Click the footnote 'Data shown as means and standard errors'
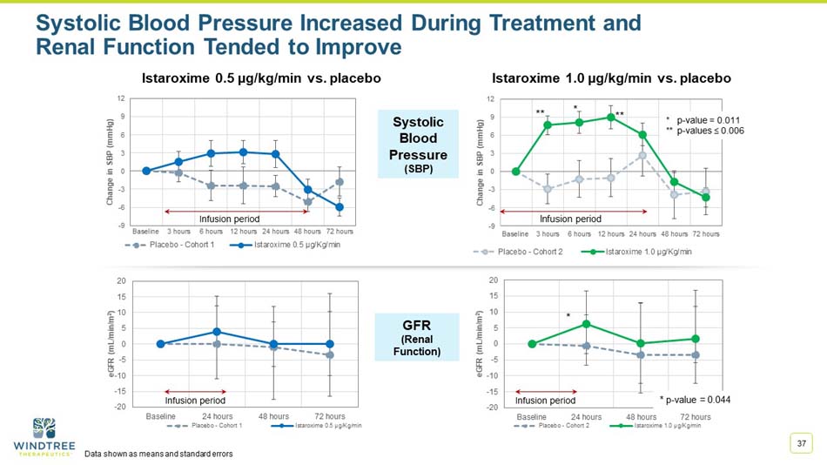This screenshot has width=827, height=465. (158, 455)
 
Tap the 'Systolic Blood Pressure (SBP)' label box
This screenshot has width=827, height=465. (417, 145)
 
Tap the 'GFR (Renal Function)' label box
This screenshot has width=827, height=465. (417, 336)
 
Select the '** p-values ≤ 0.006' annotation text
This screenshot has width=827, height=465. (704, 130)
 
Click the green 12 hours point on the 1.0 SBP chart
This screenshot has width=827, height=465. (611, 118)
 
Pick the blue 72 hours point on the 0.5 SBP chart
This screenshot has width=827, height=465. (340, 207)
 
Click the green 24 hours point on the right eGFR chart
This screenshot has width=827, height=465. (586, 324)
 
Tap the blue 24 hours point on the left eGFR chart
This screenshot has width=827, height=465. (217, 332)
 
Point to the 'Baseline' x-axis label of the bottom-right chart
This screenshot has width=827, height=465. (532, 417)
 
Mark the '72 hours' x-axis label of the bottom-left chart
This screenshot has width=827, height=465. (330, 417)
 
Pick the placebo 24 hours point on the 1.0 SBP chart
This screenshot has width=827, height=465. (642, 155)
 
